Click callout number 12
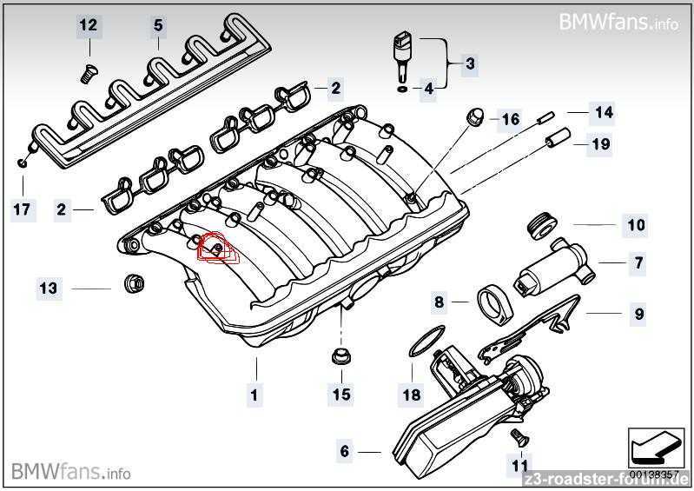tap(88, 24)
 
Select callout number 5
tap(158, 25)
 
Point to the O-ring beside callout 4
tap(402, 90)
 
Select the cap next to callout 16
tap(475, 117)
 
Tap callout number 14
tap(605, 112)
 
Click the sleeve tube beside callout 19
tap(558, 137)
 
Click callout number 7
tap(638, 262)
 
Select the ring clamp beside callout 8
tap(495, 306)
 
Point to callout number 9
tap(638, 314)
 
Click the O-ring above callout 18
tap(426, 341)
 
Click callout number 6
tap(344, 451)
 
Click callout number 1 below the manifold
tap(254, 394)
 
